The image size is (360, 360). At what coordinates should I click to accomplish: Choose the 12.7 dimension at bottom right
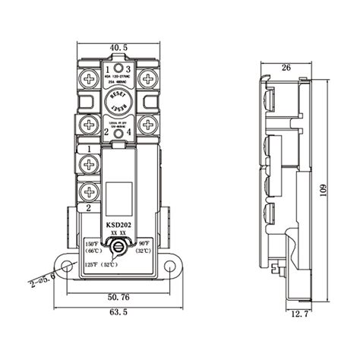point(302,313)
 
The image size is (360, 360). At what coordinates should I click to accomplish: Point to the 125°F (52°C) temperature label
point(100,265)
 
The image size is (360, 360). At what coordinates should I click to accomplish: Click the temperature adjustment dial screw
point(119,248)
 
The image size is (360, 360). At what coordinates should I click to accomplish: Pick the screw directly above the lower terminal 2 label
point(89,191)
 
